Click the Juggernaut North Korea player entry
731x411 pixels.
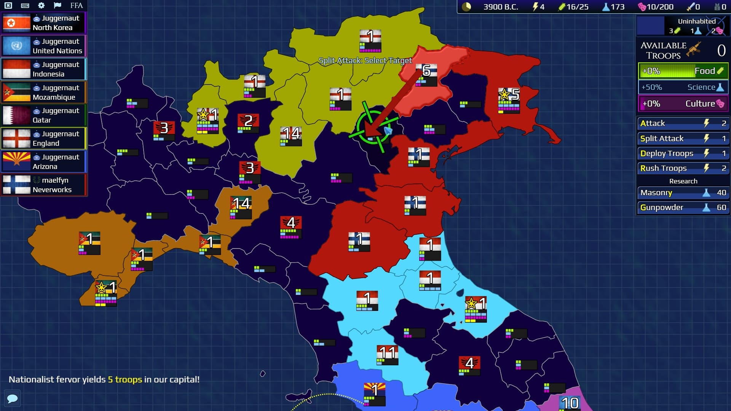(x=44, y=23)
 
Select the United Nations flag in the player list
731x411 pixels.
(x=16, y=46)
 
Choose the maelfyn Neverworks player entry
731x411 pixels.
(x=44, y=185)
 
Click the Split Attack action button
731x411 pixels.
(x=683, y=139)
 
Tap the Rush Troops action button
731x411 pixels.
(x=683, y=168)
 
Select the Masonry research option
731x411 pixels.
(x=683, y=193)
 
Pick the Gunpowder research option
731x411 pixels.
(x=683, y=207)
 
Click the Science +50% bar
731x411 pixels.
(x=683, y=87)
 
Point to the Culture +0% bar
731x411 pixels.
(x=683, y=104)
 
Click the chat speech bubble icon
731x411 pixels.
(x=12, y=398)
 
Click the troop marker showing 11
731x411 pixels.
(x=388, y=354)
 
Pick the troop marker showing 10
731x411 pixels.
(x=570, y=403)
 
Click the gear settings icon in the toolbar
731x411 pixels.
(x=41, y=5)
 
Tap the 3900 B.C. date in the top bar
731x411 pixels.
(x=501, y=7)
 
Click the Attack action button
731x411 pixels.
(x=683, y=123)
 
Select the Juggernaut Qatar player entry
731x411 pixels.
(x=44, y=115)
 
